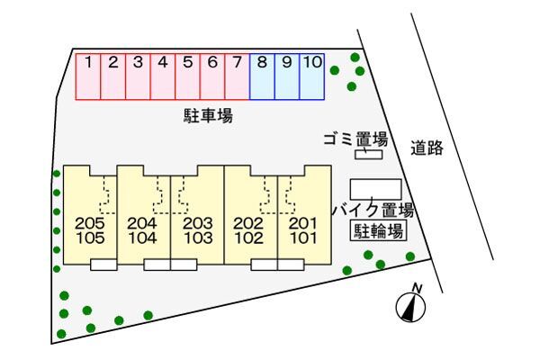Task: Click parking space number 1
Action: tap(87, 76)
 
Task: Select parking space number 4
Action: tap(162, 76)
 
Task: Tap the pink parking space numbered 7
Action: tap(237, 76)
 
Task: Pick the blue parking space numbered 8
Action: tap(262, 76)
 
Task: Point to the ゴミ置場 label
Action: tap(355, 139)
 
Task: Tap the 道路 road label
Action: tap(427, 149)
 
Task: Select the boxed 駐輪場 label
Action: tap(376, 232)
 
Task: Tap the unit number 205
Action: tap(91, 223)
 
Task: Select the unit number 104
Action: tap(143, 238)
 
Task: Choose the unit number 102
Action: tap(248, 238)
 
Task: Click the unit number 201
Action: tap(303, 223)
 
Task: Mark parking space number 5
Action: tap(187, 76)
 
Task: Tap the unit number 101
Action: tap(303, 238)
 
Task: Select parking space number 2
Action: tap(113, 76)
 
